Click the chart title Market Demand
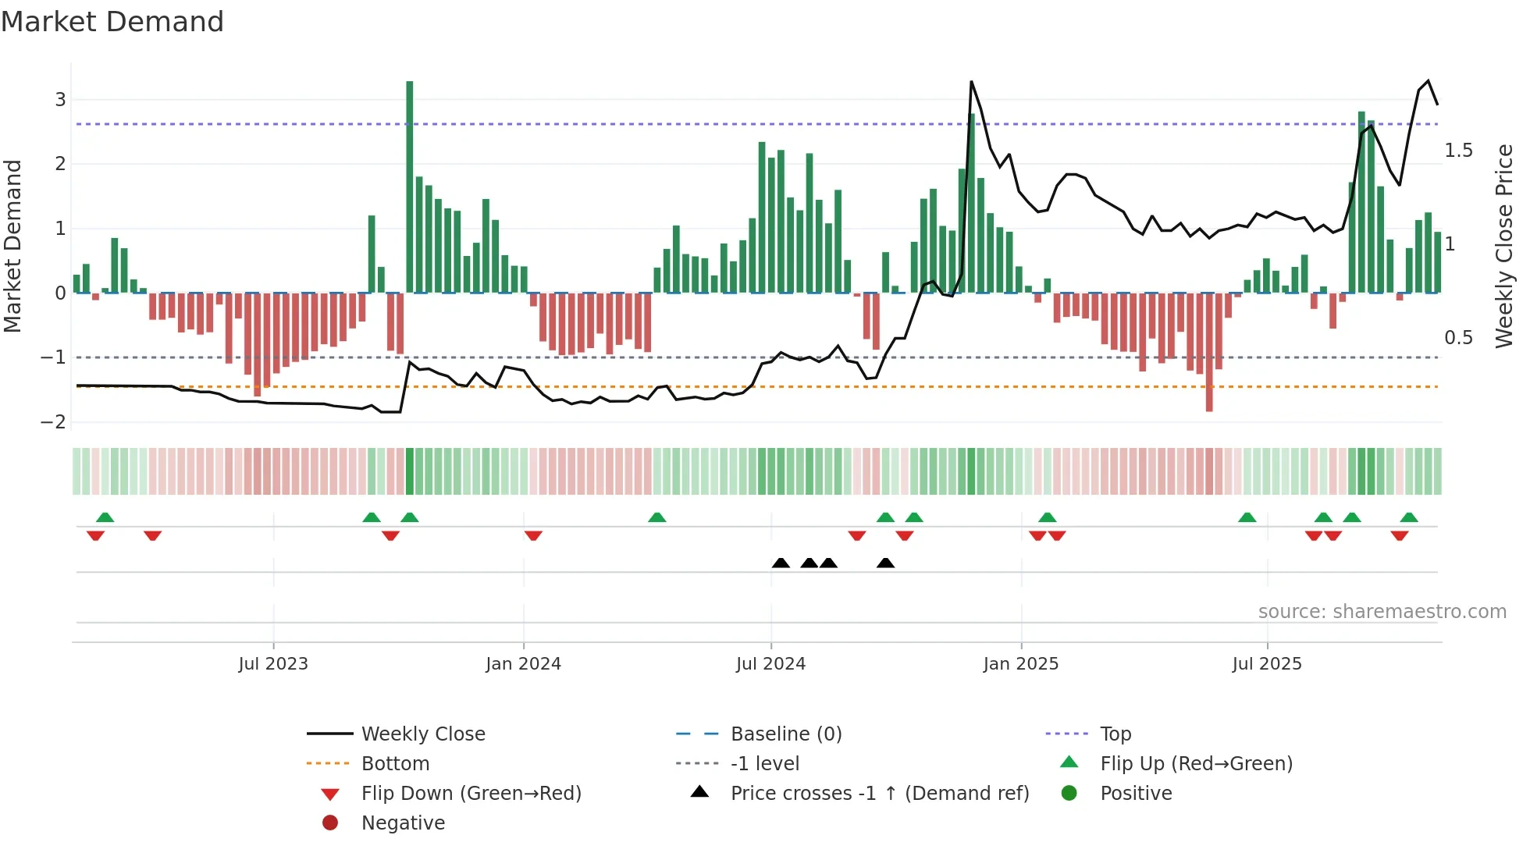(x=112, y=22)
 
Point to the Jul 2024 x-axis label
(x=770, y=664)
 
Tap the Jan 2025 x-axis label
(x=1020, y=664)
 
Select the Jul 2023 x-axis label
(x=273, y=664)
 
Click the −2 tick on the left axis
(x=53, y=422)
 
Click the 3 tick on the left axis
(x=60, y=100)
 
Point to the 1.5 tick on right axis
(x=1458, y=151)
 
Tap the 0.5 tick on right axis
(x=1458, y=338)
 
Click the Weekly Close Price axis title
(x=1504, y=246)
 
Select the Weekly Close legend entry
(x=422, y=734)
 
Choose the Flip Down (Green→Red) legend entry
(x=471, y=794)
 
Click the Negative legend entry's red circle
(x=330, y=823)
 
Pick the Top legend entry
(x=1115, y=734)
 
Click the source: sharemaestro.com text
(x=1382, y=612)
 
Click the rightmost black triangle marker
(x=885, y=563)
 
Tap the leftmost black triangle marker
(x=781, y=563)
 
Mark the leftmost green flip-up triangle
(x=105, y=517)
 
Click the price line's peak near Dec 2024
(x=971, y=82)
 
